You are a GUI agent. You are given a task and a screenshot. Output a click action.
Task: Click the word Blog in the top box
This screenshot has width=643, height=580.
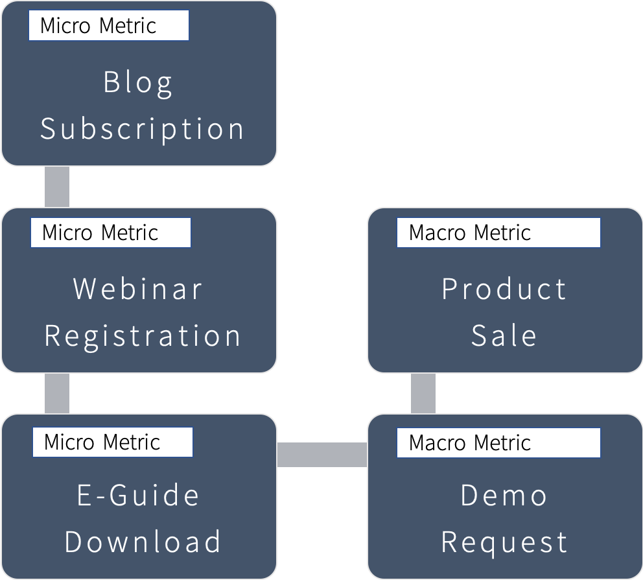pyautogui.click(x=138, y=83)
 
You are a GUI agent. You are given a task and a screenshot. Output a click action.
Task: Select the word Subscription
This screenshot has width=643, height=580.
pyautogui.click(x=142, y=128)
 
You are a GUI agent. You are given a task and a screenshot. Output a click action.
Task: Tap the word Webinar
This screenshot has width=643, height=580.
pyautogui.click(x=138, y=289)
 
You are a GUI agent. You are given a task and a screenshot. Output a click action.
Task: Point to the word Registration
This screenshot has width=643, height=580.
pyautogui.click(x=143, y=336)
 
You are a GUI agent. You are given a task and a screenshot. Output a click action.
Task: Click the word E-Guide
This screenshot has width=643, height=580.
pyautogui.click(x=138, y=496)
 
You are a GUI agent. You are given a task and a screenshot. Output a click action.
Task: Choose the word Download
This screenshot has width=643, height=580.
pyautogui.click(x=143, y=542)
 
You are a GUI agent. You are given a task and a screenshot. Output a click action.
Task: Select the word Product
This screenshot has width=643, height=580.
pyautogui.click(x=504, y=289)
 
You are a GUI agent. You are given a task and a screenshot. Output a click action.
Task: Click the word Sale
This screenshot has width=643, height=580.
pyautogui.click(x=504, y=336)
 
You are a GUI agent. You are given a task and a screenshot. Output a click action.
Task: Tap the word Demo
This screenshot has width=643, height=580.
pyautogui.click(x=504, y=496)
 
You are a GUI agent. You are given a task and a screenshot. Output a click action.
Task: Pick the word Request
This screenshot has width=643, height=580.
pyautogui.click(x=504, y=542)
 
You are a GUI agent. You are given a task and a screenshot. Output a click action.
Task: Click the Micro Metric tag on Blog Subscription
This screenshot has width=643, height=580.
pyautogui.click(x=109, y=26)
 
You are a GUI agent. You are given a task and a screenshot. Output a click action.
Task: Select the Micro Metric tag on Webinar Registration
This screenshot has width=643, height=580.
pyautogui.click(x=111, y=233)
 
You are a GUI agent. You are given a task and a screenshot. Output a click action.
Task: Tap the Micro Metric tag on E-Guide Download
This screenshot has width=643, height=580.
pyautogui.click(x=113, y=442)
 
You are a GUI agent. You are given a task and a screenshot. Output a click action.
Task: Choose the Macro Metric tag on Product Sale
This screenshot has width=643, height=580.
pyautogui.click(x=498, y=233)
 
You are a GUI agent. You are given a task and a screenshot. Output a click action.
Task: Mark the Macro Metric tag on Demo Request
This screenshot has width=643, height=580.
pyautogui.click(x=498, y=442)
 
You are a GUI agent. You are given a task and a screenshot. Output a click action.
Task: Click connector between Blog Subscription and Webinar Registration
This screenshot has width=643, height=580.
pyautogui.click(x=57, y=187)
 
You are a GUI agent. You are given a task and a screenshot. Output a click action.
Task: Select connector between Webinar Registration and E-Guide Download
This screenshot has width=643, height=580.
pyautogui.click(x=57, y=393)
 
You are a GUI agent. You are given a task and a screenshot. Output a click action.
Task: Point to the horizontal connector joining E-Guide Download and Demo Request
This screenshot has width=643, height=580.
pyautogui.click(x=322, y=454)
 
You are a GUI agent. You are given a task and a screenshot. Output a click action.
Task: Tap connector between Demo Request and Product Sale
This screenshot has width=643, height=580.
pyautogui.click(x=423, y=393)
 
